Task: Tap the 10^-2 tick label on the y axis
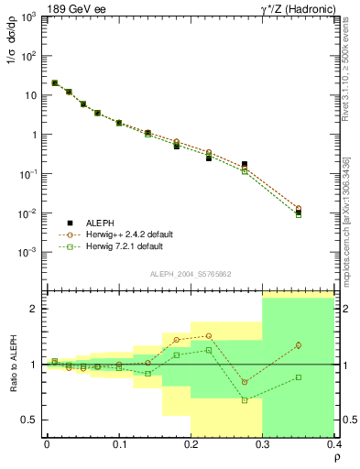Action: pyautogui.click(x=29, y=213)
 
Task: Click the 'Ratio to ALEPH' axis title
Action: pyautogui.click(x=13, y=365)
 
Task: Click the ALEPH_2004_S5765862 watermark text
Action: pyautogui.click(x=190, y=275)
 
